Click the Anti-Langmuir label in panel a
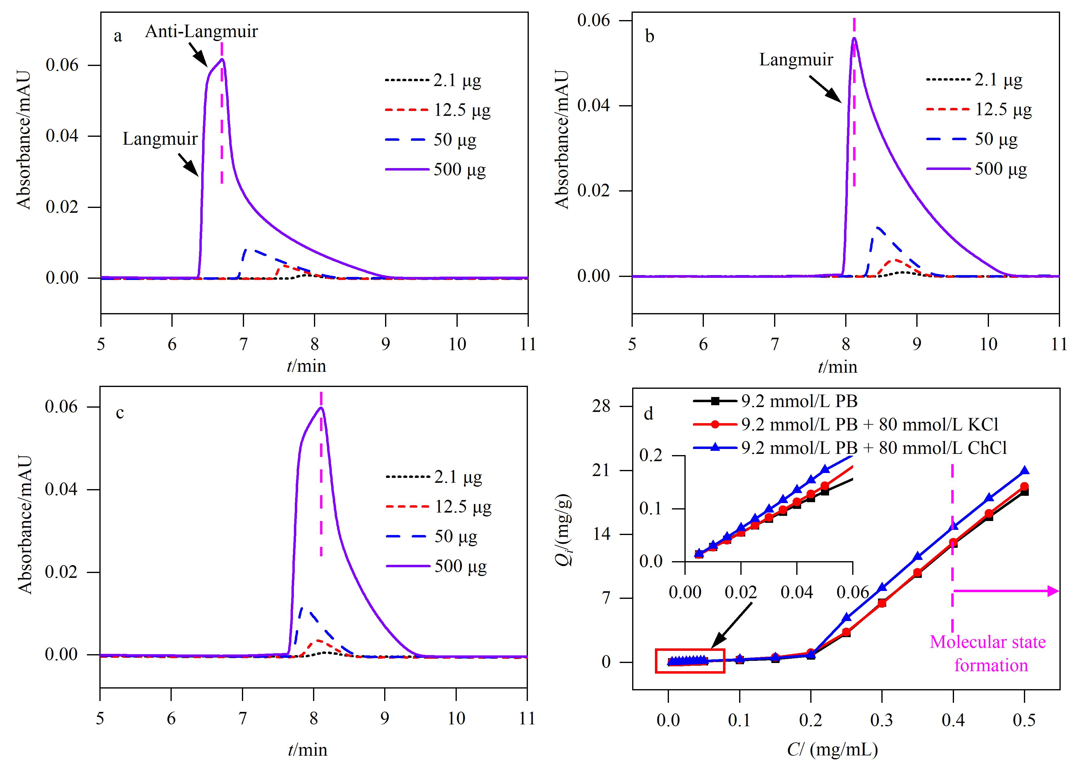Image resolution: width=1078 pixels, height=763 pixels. coord(201,32)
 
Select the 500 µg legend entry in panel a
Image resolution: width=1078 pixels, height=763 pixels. coord(436,169)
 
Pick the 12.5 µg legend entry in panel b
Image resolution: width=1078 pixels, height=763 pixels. coord(979,109)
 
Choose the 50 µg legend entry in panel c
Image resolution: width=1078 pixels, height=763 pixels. coord(432,536)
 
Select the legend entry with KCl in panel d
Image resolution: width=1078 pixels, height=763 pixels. coord(846,424)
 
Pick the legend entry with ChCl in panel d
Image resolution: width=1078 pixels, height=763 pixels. coord(850,448)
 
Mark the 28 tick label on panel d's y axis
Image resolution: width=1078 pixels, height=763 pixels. coord(601,406)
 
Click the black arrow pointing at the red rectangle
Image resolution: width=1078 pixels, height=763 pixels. coord(732,625)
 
